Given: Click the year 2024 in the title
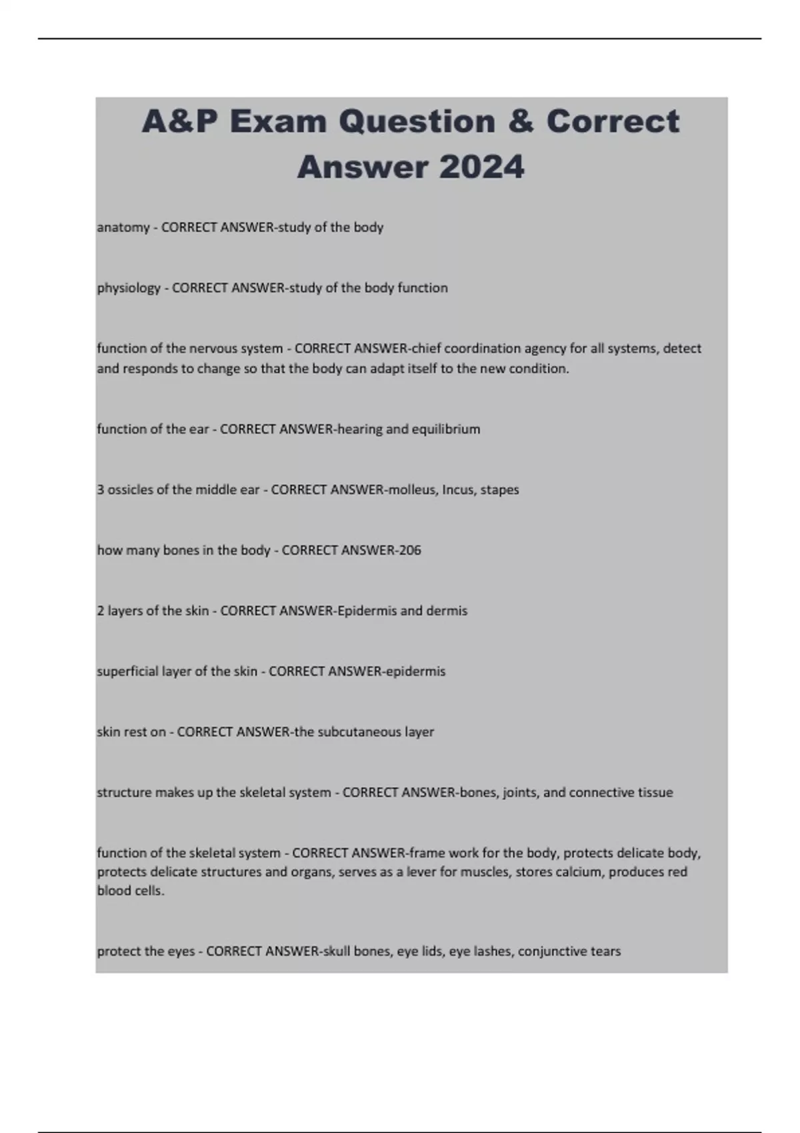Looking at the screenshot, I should pos(481,167).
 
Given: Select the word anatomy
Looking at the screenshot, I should pos(123,227).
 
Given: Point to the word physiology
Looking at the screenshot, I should pos(129,288).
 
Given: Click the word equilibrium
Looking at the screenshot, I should pos(445,429).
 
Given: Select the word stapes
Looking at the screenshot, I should pos(499,490).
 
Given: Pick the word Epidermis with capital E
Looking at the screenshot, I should pos(367,611).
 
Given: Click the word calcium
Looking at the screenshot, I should pos(581,872).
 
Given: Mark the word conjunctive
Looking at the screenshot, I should pos(549,951).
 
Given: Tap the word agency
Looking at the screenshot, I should pos(544,349).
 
